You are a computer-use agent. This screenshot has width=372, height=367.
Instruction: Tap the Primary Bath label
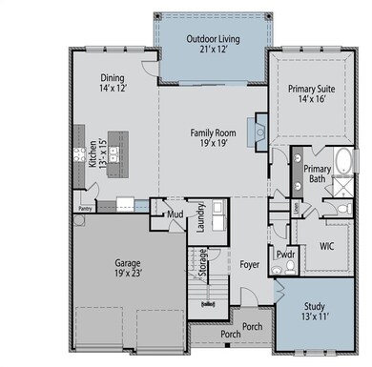(317, 174)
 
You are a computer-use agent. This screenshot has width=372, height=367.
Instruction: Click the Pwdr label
(284, 255)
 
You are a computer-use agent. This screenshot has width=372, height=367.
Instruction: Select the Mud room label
(175, 214)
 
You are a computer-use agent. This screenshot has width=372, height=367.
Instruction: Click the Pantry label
(84, 205)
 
